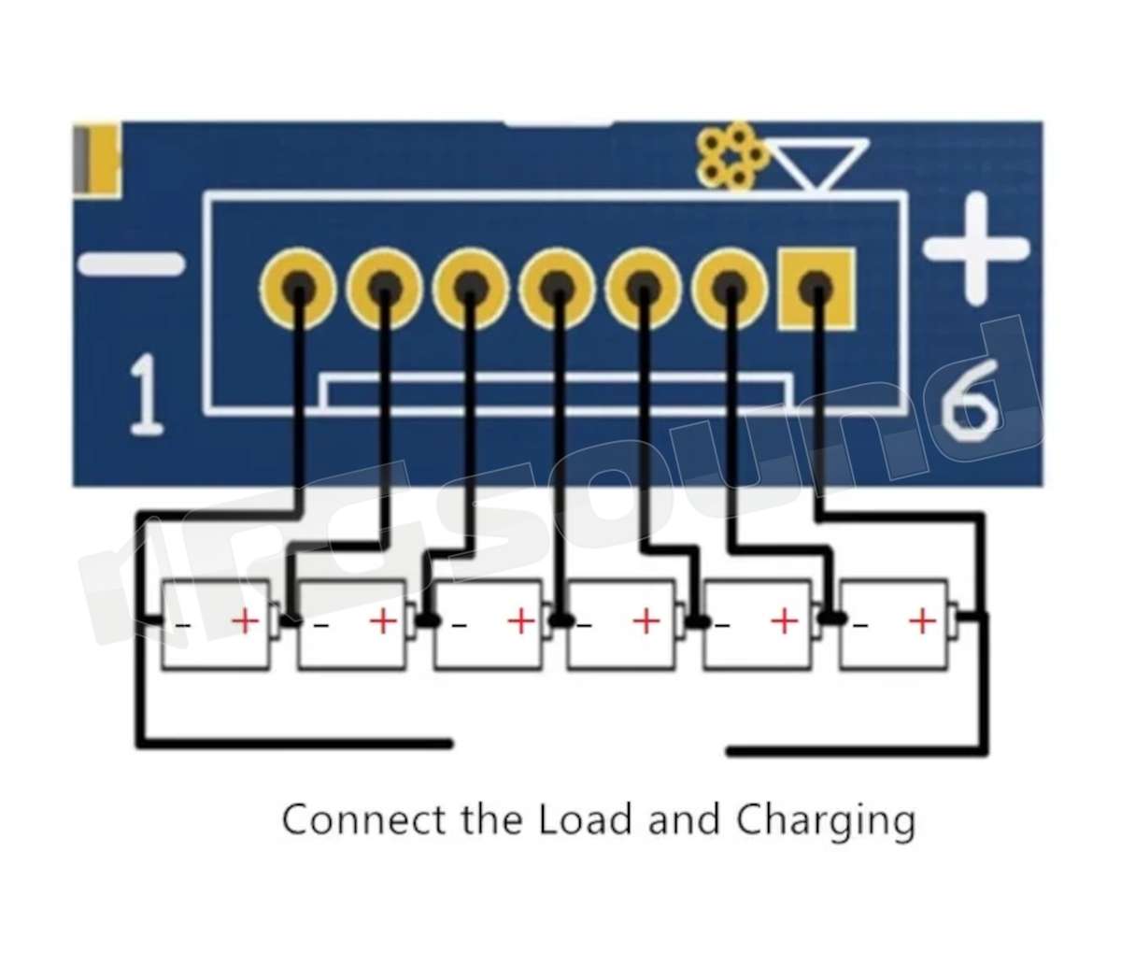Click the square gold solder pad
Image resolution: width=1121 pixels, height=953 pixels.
coord(816,289)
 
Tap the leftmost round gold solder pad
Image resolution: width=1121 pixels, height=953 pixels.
coord(298,288)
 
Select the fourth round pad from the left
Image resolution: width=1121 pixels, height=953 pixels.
coord(557,288)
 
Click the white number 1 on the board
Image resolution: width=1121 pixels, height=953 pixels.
coord(146,394)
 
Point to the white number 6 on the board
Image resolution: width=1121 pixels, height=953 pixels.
coord(969,400)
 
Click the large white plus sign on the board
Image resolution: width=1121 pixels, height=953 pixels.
coord(976,248)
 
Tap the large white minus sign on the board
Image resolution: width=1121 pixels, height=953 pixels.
coord(131,263)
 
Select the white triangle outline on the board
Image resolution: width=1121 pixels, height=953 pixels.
coord(820,164)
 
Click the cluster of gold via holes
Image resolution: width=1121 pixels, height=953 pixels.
coord(732,156)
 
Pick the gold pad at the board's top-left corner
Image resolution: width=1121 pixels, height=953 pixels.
coord(96,159)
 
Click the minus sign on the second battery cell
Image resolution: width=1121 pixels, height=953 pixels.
coord(321,625)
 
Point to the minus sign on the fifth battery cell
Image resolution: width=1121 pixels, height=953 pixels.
coord(722,625)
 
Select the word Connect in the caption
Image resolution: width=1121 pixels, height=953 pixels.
coord(363,819)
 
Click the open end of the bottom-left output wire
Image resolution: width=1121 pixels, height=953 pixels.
coord(449,744)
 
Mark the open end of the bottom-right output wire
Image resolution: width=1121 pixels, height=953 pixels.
coord(730,752)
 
